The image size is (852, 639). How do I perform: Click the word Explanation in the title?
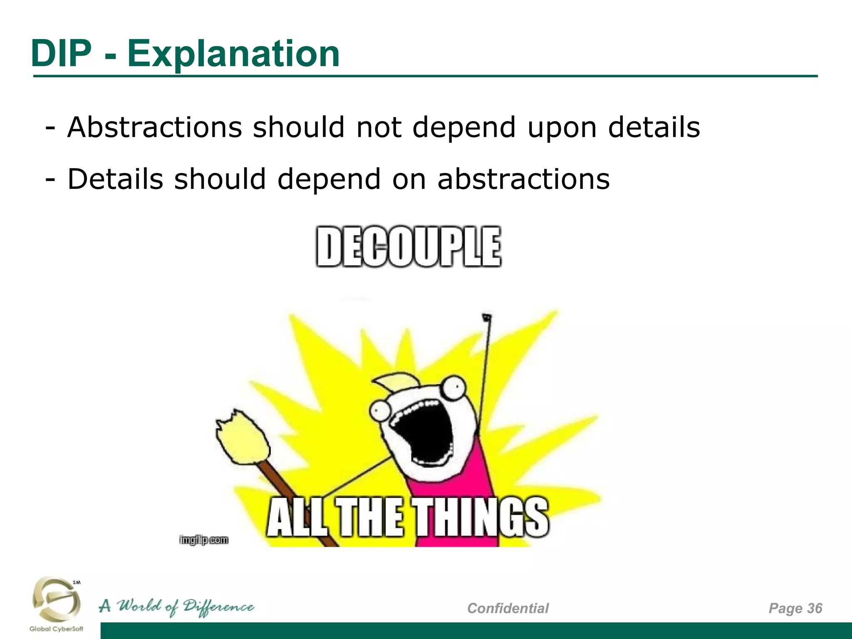tap(233, 54)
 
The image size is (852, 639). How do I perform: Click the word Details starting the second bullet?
tap(115, 179)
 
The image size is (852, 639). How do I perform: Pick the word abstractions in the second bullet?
tap(523, 179)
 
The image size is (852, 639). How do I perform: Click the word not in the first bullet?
tap(379, 127)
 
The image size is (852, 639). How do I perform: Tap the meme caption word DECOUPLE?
tap(408, 247)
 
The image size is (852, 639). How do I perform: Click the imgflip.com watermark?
tap(204, 540)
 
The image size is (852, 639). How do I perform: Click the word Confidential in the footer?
tap(508, 608)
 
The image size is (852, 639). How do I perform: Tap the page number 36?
tap(815, 608)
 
